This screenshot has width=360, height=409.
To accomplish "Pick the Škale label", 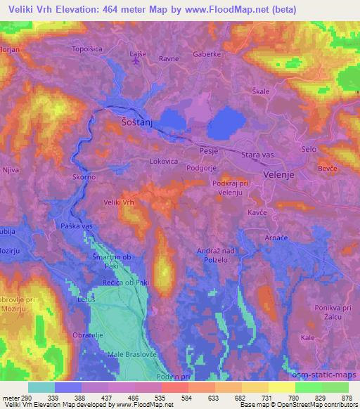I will click(262, 92).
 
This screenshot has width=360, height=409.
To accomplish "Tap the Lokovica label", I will click(163, 161).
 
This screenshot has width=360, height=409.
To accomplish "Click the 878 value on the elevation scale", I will click(346, 398).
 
